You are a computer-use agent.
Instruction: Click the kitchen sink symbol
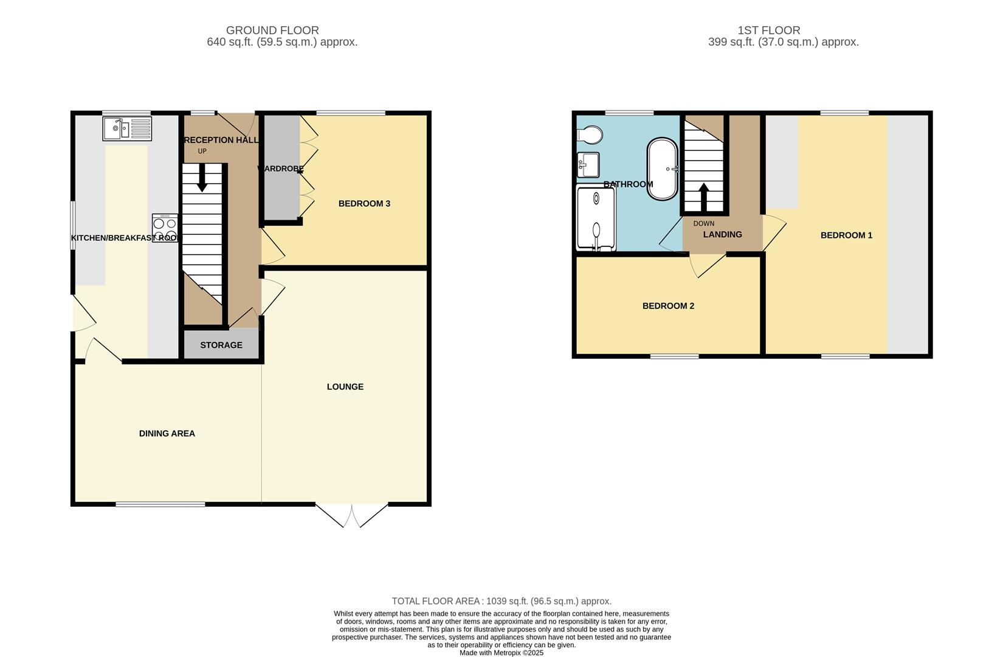pos(127,128)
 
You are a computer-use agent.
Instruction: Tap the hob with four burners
pos(165,228)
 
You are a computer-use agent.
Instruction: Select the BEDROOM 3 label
pos(364,204)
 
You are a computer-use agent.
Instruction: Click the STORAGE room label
pos(221,345)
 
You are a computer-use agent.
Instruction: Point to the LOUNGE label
pos(345,387)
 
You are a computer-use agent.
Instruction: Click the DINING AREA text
pos(167,434)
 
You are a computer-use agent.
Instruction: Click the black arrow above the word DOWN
pos(704,196)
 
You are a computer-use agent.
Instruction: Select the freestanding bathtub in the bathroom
pos(662,169)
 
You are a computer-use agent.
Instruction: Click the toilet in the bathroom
pos(590,134)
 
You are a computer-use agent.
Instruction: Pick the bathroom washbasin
pos(588,165)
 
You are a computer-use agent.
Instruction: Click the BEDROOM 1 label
pos(846,235)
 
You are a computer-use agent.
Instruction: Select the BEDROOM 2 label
pos(668,306)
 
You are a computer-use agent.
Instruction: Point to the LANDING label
pos(722,235)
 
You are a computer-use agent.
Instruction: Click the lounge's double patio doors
pos(351,515)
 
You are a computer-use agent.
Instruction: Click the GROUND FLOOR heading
pos(272,30)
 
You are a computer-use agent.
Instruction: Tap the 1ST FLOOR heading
pos(768,30)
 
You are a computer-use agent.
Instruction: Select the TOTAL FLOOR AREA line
pos(501,601)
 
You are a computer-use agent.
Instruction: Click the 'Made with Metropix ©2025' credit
pos(501,653)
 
